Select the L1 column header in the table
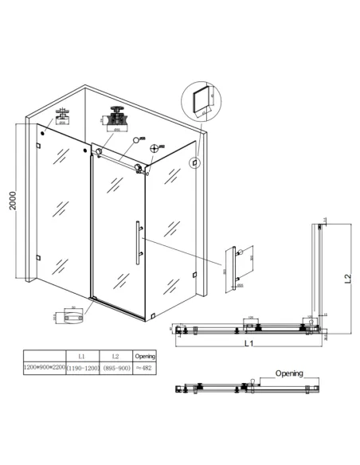pyautogui.click(x=82, y=356)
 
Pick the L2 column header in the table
pyautogui.click(x=115, y=356)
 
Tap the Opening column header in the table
pyautogui.click(x=145, y=356)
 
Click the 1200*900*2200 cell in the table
pyautogui.click(x=45, y=369)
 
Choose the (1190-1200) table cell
pyautogui.click(x=82, y=369)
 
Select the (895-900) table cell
pyautogui.click(x=115, y=369)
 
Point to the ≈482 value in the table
pyautogui.click(x=145, y=369)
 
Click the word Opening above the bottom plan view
pyautogui.click(x=288, y=373)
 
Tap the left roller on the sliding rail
pyautogui.click(x=98, y=151)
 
